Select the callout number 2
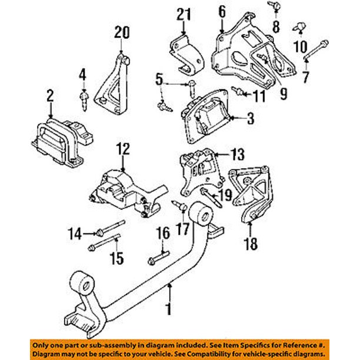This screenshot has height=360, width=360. (x=50, y=95)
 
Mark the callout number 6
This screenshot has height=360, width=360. (x=222, y=11)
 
